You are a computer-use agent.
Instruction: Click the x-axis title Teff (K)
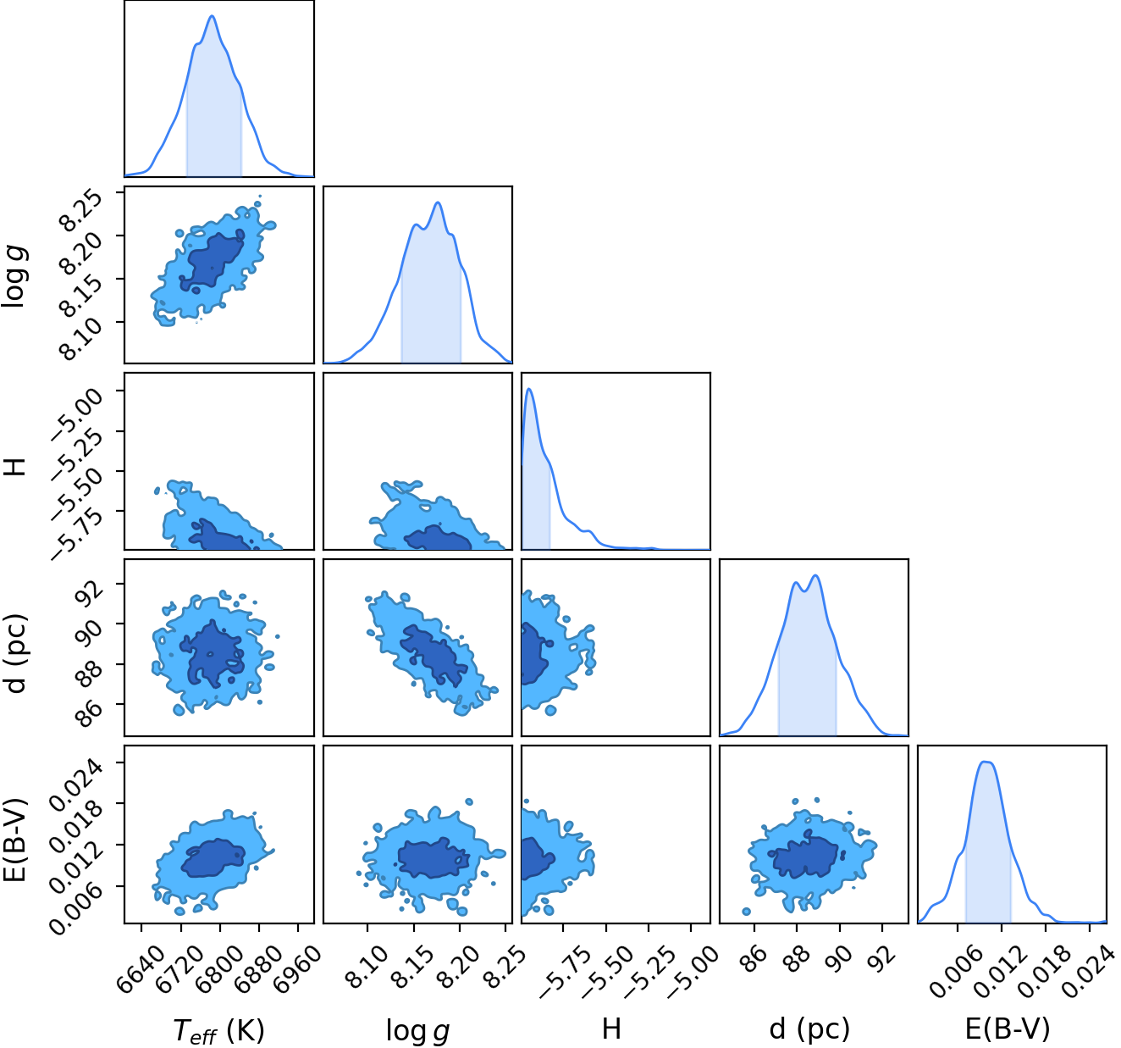point(218,1030)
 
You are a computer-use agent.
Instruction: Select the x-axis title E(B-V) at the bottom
point(1008,1029)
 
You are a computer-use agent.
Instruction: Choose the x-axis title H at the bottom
point(611,1029)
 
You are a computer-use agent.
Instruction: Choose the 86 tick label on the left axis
point(91,707)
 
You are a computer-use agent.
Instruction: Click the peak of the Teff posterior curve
point(213,16)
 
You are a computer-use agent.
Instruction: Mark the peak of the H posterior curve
point(529,389)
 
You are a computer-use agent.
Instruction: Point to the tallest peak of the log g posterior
point(438,202)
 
